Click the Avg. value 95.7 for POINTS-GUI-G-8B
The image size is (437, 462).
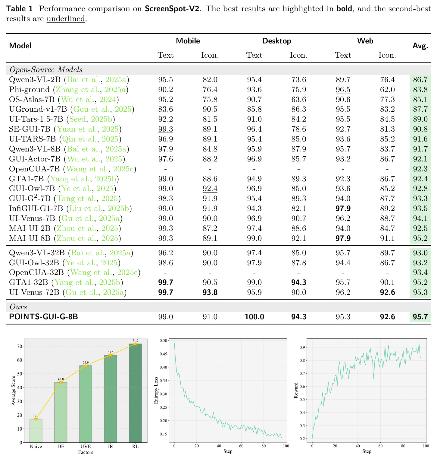[x=420, y=317]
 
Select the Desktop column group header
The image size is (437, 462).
[x=276, y=41]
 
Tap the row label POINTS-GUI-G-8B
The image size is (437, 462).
[x=44, y=317]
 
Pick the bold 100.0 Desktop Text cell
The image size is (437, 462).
[x=254, y=317]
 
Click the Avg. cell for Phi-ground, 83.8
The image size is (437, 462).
[x=420, y=90]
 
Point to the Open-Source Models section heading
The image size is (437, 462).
[x=46, y=70]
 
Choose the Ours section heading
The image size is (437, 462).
[x=18, y=307]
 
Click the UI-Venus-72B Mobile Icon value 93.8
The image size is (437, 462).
[x=210, y=292]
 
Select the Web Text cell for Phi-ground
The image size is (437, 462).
[x=343, y=90]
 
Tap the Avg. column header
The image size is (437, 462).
[x=420, y=46]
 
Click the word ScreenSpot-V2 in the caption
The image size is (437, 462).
[x=172, y=8]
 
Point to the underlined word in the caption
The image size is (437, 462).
[x=66, y=19]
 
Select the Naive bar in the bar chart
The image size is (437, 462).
[x=36, y=431]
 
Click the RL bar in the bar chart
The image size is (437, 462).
[x=135, y=393]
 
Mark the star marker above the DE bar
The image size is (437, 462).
[x=61, y=382]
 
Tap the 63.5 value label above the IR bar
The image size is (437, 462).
[x=111, y=352]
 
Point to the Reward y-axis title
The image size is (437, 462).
[x=296, y=390]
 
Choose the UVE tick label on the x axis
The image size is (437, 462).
[x=86, y=447]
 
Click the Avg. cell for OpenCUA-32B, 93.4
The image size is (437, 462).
[x=420, y=272]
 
